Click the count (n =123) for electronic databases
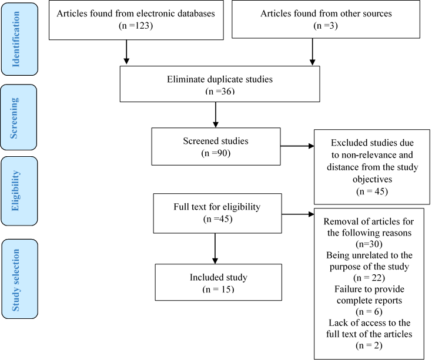coord(136,26)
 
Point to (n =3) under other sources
coord(326,26)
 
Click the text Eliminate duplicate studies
coord(220,79)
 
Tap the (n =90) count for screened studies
coord(216,153)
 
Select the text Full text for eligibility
coord(217,207)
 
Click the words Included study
coord(219,277)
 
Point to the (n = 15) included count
coord(218,289)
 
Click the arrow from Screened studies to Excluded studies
coord(297,146)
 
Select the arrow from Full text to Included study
coord(215,248)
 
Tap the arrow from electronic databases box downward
coord(126,52)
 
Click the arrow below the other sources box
coord(313,52)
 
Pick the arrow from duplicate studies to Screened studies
coord(216,115)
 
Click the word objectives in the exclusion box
coord(372,179)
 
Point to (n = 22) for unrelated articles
coord(369,278)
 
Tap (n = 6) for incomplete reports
coord(369,312)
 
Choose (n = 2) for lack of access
coord(369,345)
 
